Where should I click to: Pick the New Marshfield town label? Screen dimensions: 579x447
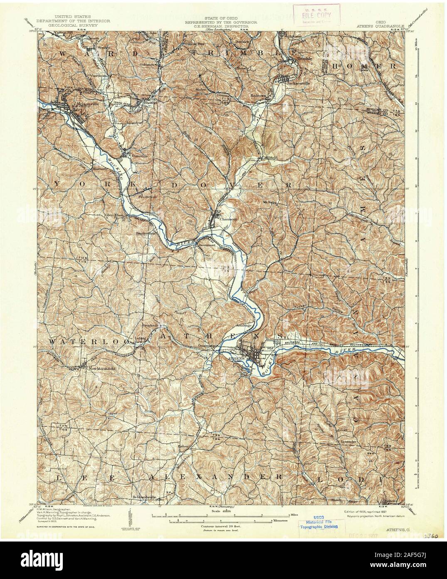click(99, 368)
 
